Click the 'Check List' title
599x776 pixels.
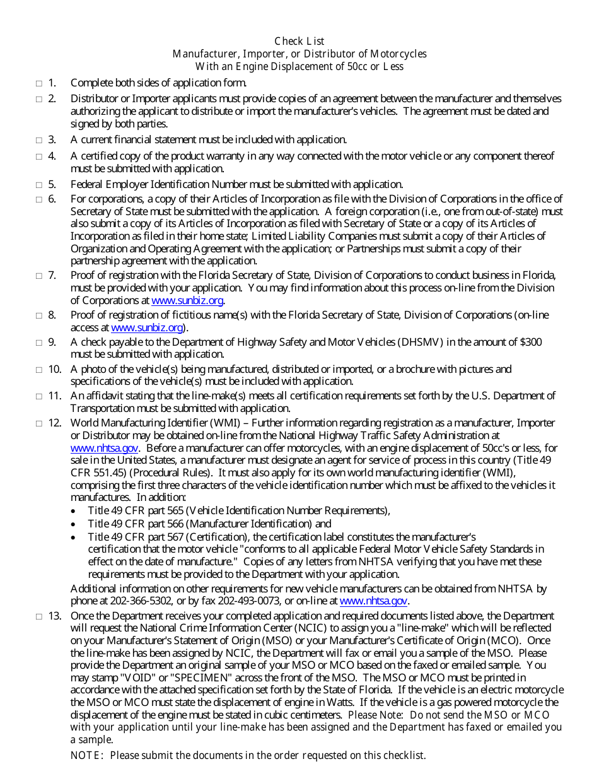[x=299, y=42]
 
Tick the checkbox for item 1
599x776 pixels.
[x=38, y=83]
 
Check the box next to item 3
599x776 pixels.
[x=38, y=140]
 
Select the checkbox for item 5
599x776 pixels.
[x=38, y=185]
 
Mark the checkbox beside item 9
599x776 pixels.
[x=38, y=343]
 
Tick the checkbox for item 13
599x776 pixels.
[x=38, y=616]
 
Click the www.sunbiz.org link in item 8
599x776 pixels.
[x=147, y=327]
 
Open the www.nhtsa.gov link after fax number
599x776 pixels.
[x=373, y=601]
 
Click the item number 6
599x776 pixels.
[x=52, y=199]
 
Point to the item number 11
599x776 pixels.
[x=55, y=396]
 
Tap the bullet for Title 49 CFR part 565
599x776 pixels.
[x=74, y=511]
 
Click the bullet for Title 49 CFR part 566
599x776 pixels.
[x=74, y=524]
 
